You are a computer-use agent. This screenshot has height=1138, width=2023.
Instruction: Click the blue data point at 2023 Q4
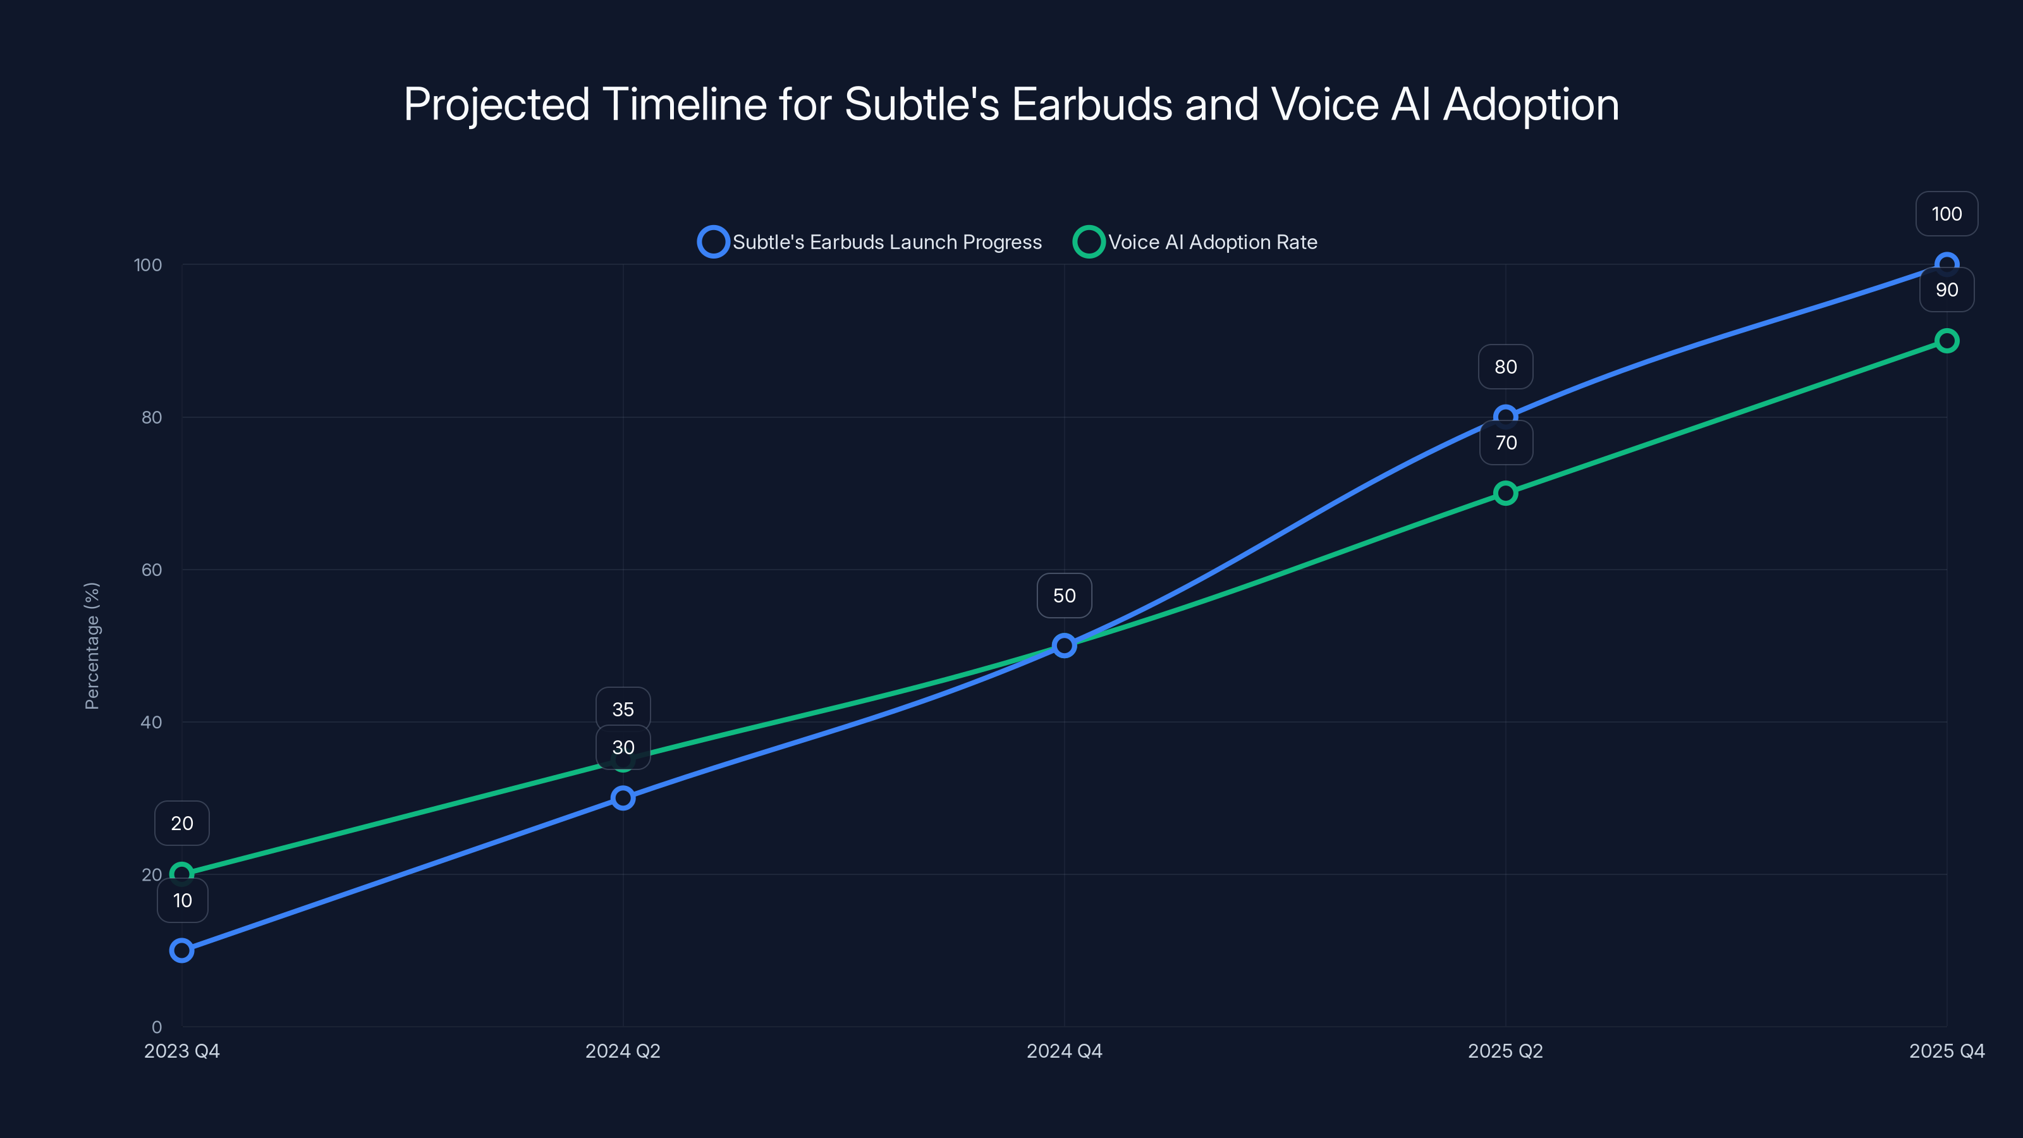(181, 950)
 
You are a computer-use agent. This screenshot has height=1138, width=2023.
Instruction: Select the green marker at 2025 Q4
(1946, 341)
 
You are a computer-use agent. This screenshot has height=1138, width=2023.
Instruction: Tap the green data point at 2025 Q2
(1505, 493)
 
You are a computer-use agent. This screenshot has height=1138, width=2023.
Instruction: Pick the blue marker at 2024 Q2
(623, 798)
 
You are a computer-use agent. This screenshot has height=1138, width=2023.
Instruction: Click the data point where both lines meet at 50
(1064, 645)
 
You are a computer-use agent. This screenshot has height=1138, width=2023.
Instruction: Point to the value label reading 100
(1946, 214)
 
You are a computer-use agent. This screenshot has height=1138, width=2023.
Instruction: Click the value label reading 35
(623, 709)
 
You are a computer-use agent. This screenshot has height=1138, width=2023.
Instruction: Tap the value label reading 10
(182, 900)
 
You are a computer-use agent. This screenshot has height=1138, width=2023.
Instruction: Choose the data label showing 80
(1505, 367)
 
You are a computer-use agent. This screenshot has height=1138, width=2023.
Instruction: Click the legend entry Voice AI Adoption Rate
(1212, 242)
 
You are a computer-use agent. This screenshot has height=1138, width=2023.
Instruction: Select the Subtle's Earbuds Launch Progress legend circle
(713, 242)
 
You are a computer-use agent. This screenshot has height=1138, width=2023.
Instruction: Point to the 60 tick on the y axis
(152, 570)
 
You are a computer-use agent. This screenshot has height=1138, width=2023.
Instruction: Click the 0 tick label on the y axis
(156, 1027)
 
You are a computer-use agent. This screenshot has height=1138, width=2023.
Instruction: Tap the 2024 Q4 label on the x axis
(1064, 1051)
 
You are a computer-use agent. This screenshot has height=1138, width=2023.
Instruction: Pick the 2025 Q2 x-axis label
(1505, 1051)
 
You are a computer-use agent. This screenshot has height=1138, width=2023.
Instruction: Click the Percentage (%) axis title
(92, 645)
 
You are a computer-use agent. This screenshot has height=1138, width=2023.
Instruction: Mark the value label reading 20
(181, 823)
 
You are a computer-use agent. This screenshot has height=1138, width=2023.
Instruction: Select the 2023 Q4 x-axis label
(181, 1051)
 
